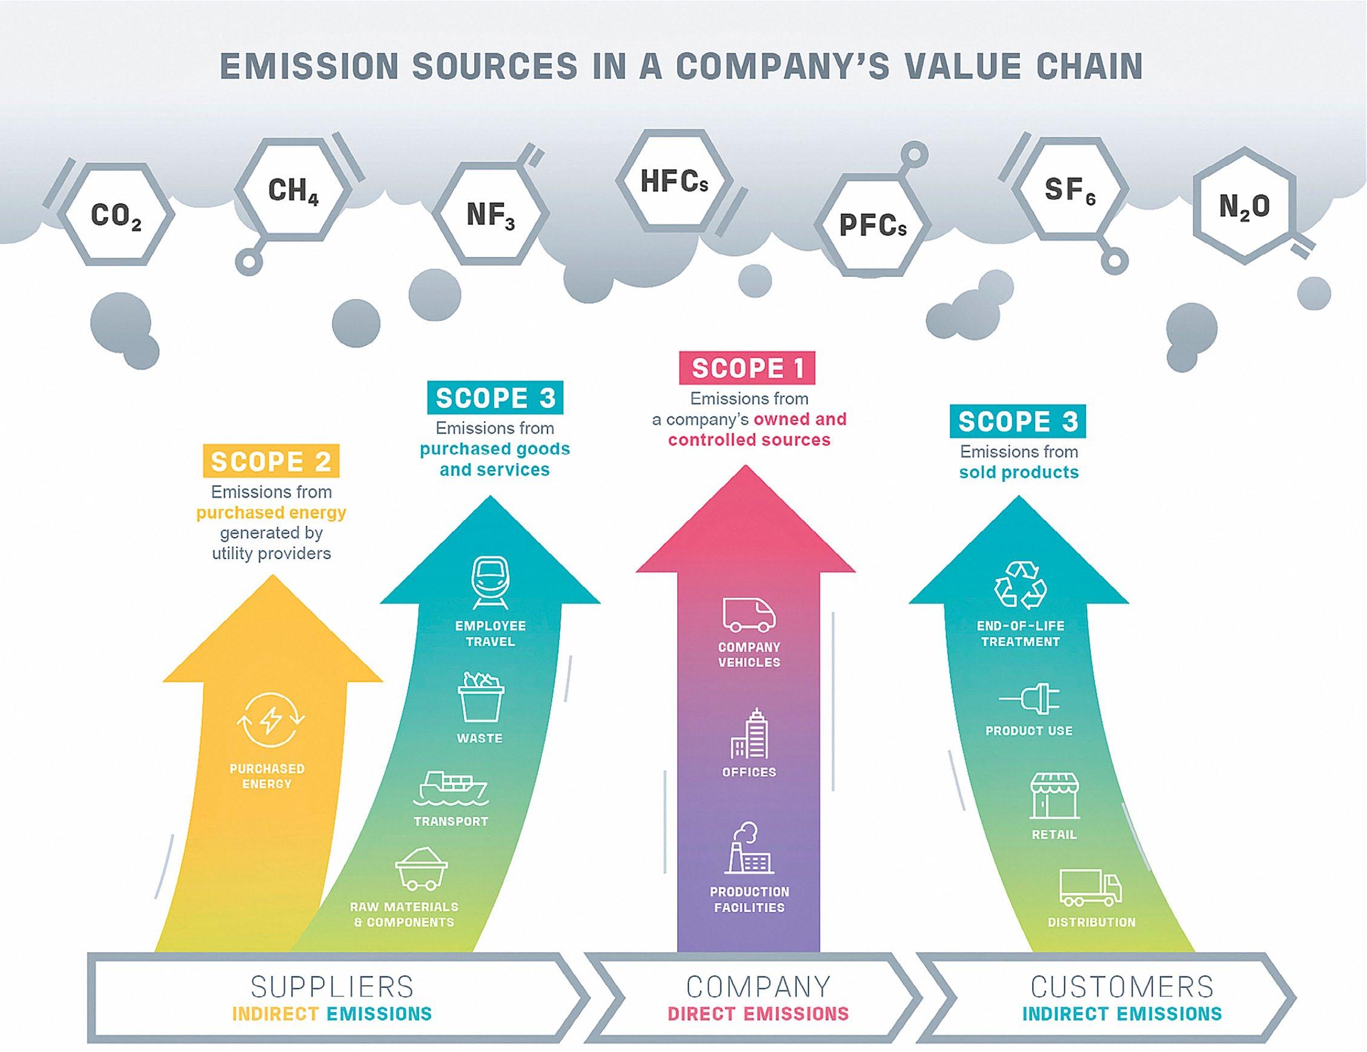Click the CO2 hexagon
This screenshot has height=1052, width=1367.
point(116,215)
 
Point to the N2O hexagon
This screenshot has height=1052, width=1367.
point(1244,206)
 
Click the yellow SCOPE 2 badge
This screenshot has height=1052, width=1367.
point(270,461)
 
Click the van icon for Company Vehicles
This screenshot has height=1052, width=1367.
point(749,614)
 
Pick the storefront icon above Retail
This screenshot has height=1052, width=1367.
point(1054,796)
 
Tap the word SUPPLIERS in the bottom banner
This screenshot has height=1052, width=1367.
point(332,987)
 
